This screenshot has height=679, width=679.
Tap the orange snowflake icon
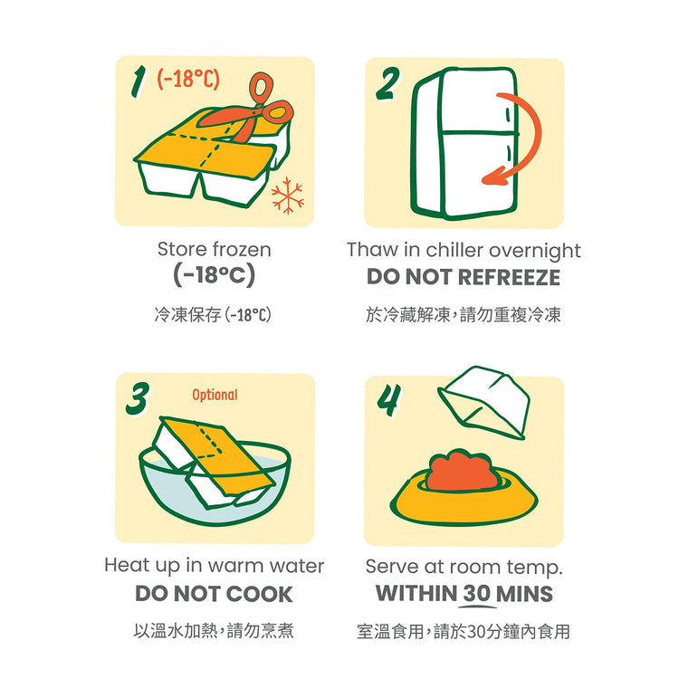[288, 196]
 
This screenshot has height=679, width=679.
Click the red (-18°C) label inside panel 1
[188, 79]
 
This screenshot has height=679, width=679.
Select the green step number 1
[139, 82]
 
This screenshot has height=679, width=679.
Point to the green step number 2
[387, 83]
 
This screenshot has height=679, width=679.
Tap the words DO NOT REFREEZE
[464, 277]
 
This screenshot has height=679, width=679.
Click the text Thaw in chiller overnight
[464, 251]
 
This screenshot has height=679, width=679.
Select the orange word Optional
[215, 395]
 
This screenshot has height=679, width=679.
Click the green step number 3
[138, 398]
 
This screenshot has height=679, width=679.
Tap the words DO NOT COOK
[214, 594]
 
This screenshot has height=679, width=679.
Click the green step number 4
[389, 400]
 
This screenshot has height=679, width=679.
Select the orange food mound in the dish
[461, 472]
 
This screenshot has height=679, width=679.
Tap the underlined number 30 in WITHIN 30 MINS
[477, 594]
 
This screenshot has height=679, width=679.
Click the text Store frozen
[215, 250]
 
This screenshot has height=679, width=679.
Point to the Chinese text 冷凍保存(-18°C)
[213, 315]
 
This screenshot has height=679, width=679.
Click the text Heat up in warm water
[215, 566]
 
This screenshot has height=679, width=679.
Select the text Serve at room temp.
[464, 567]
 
